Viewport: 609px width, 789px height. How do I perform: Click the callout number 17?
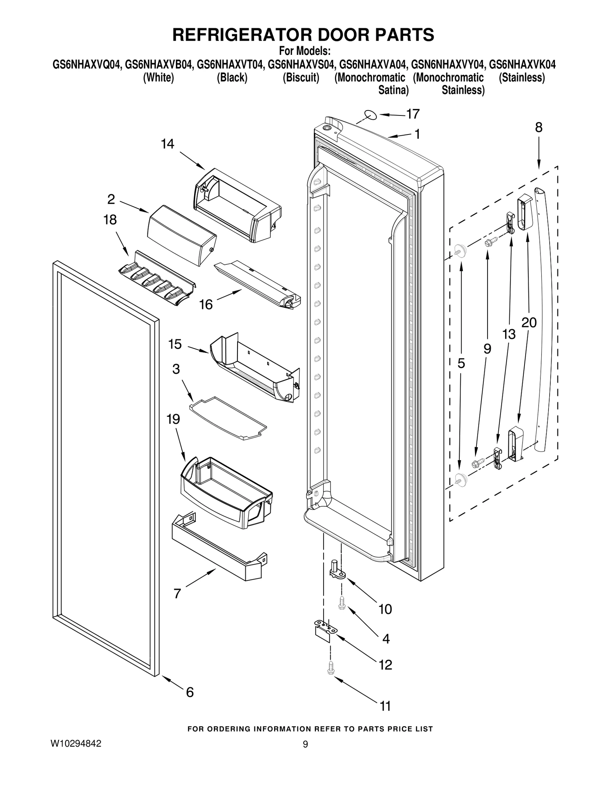(413, 114)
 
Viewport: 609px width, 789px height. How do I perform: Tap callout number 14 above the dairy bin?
(167, 144)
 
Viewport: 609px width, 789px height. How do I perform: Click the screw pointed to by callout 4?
(342, 603)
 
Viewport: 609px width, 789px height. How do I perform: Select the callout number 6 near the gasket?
(190, 692)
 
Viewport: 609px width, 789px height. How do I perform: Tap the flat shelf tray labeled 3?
(228, 418)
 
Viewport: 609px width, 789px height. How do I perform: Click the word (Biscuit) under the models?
(301, 78)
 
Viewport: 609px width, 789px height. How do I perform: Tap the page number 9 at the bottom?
(305, 744)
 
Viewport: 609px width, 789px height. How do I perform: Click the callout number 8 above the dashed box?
(539, 127)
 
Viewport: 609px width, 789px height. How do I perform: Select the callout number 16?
(206, 304)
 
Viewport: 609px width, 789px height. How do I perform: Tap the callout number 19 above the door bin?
(173, 419)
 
